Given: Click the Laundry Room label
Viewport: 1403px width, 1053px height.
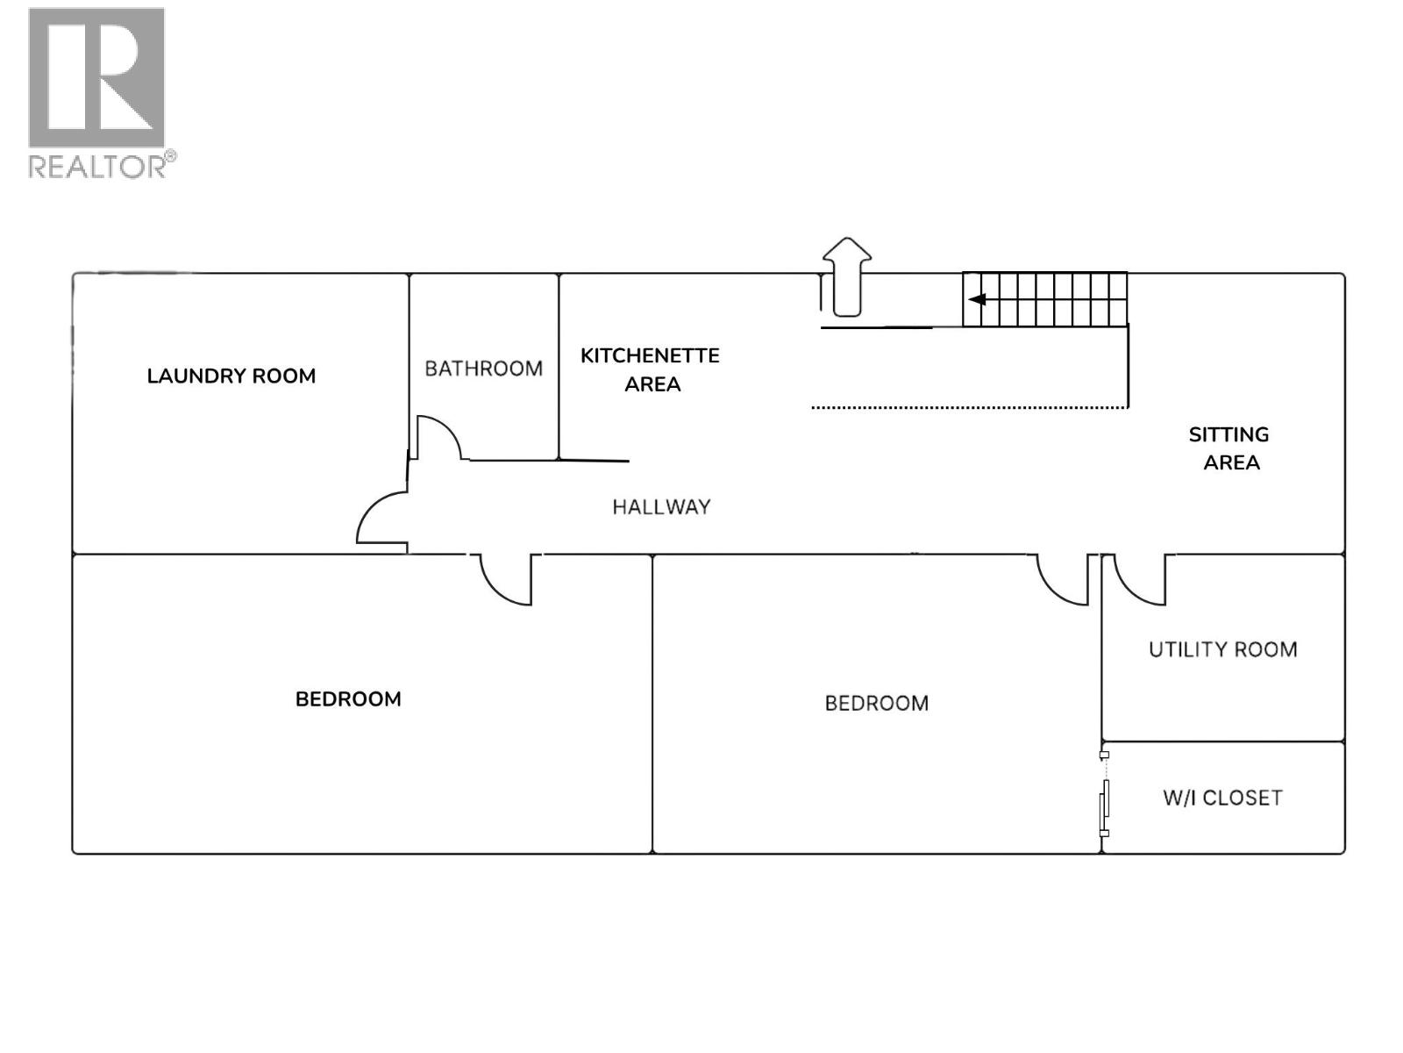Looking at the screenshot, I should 231,376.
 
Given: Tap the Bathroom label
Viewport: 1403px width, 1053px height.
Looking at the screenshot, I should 483,369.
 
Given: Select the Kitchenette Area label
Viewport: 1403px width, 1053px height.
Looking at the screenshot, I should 650,369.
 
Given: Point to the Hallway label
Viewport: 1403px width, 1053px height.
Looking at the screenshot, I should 661,507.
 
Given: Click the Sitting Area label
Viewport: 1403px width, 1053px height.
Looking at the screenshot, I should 1229,448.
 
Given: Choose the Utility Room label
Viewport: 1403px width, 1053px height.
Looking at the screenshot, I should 1222,649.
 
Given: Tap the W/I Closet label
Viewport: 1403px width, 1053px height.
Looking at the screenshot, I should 1222,798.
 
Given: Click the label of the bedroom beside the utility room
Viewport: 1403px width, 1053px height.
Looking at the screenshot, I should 876,703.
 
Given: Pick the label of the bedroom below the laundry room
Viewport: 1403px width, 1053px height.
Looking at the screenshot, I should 348,699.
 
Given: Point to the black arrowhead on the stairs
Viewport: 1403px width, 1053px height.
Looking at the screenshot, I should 977,299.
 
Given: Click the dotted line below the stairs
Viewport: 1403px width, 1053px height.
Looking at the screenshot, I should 969,407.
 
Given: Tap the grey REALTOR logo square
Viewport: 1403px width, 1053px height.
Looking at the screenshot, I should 96,77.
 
